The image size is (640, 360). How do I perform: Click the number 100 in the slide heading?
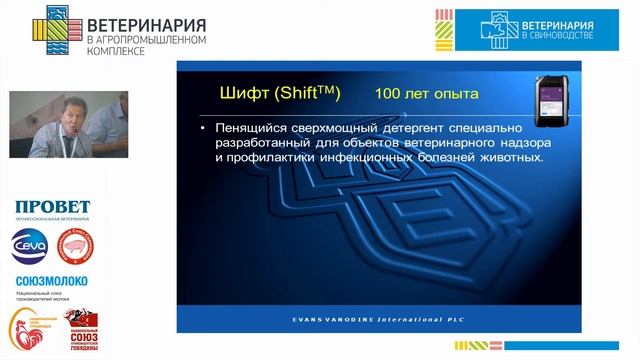pos(388,94)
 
